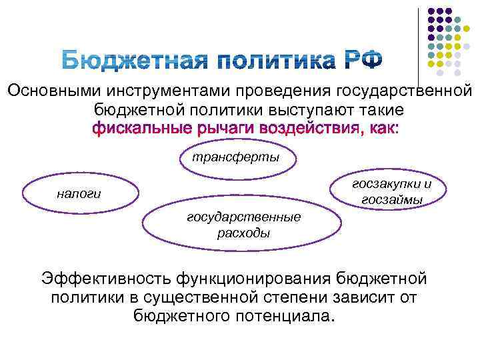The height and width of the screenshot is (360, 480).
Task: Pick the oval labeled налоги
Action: [x=79, y=193]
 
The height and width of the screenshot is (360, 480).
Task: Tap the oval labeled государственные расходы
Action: [x=243, y=225]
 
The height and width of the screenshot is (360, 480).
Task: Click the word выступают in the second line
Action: [x=311, y=109]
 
